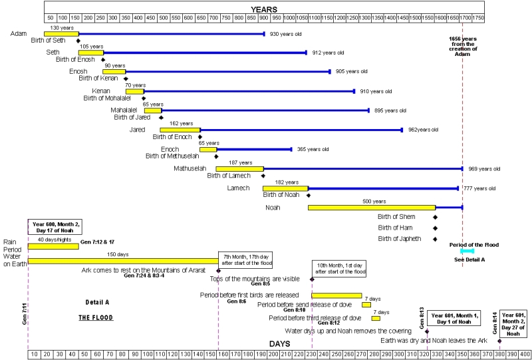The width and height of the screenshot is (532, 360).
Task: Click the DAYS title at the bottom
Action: pos(279,343)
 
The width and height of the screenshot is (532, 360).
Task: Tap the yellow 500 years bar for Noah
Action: pos(371,208)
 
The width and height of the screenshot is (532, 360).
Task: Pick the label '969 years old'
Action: pos(484,169)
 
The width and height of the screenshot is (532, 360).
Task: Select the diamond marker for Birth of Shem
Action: pos(436,217)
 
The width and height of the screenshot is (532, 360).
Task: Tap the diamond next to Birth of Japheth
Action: pos(436,239)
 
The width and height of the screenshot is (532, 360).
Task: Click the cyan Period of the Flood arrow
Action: pos(462,252)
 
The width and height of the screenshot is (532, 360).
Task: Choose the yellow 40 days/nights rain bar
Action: pos(53,246)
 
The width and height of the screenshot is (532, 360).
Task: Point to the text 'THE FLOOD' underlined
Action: pos(96,318)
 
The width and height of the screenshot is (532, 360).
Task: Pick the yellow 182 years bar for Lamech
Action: pos(285,188)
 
